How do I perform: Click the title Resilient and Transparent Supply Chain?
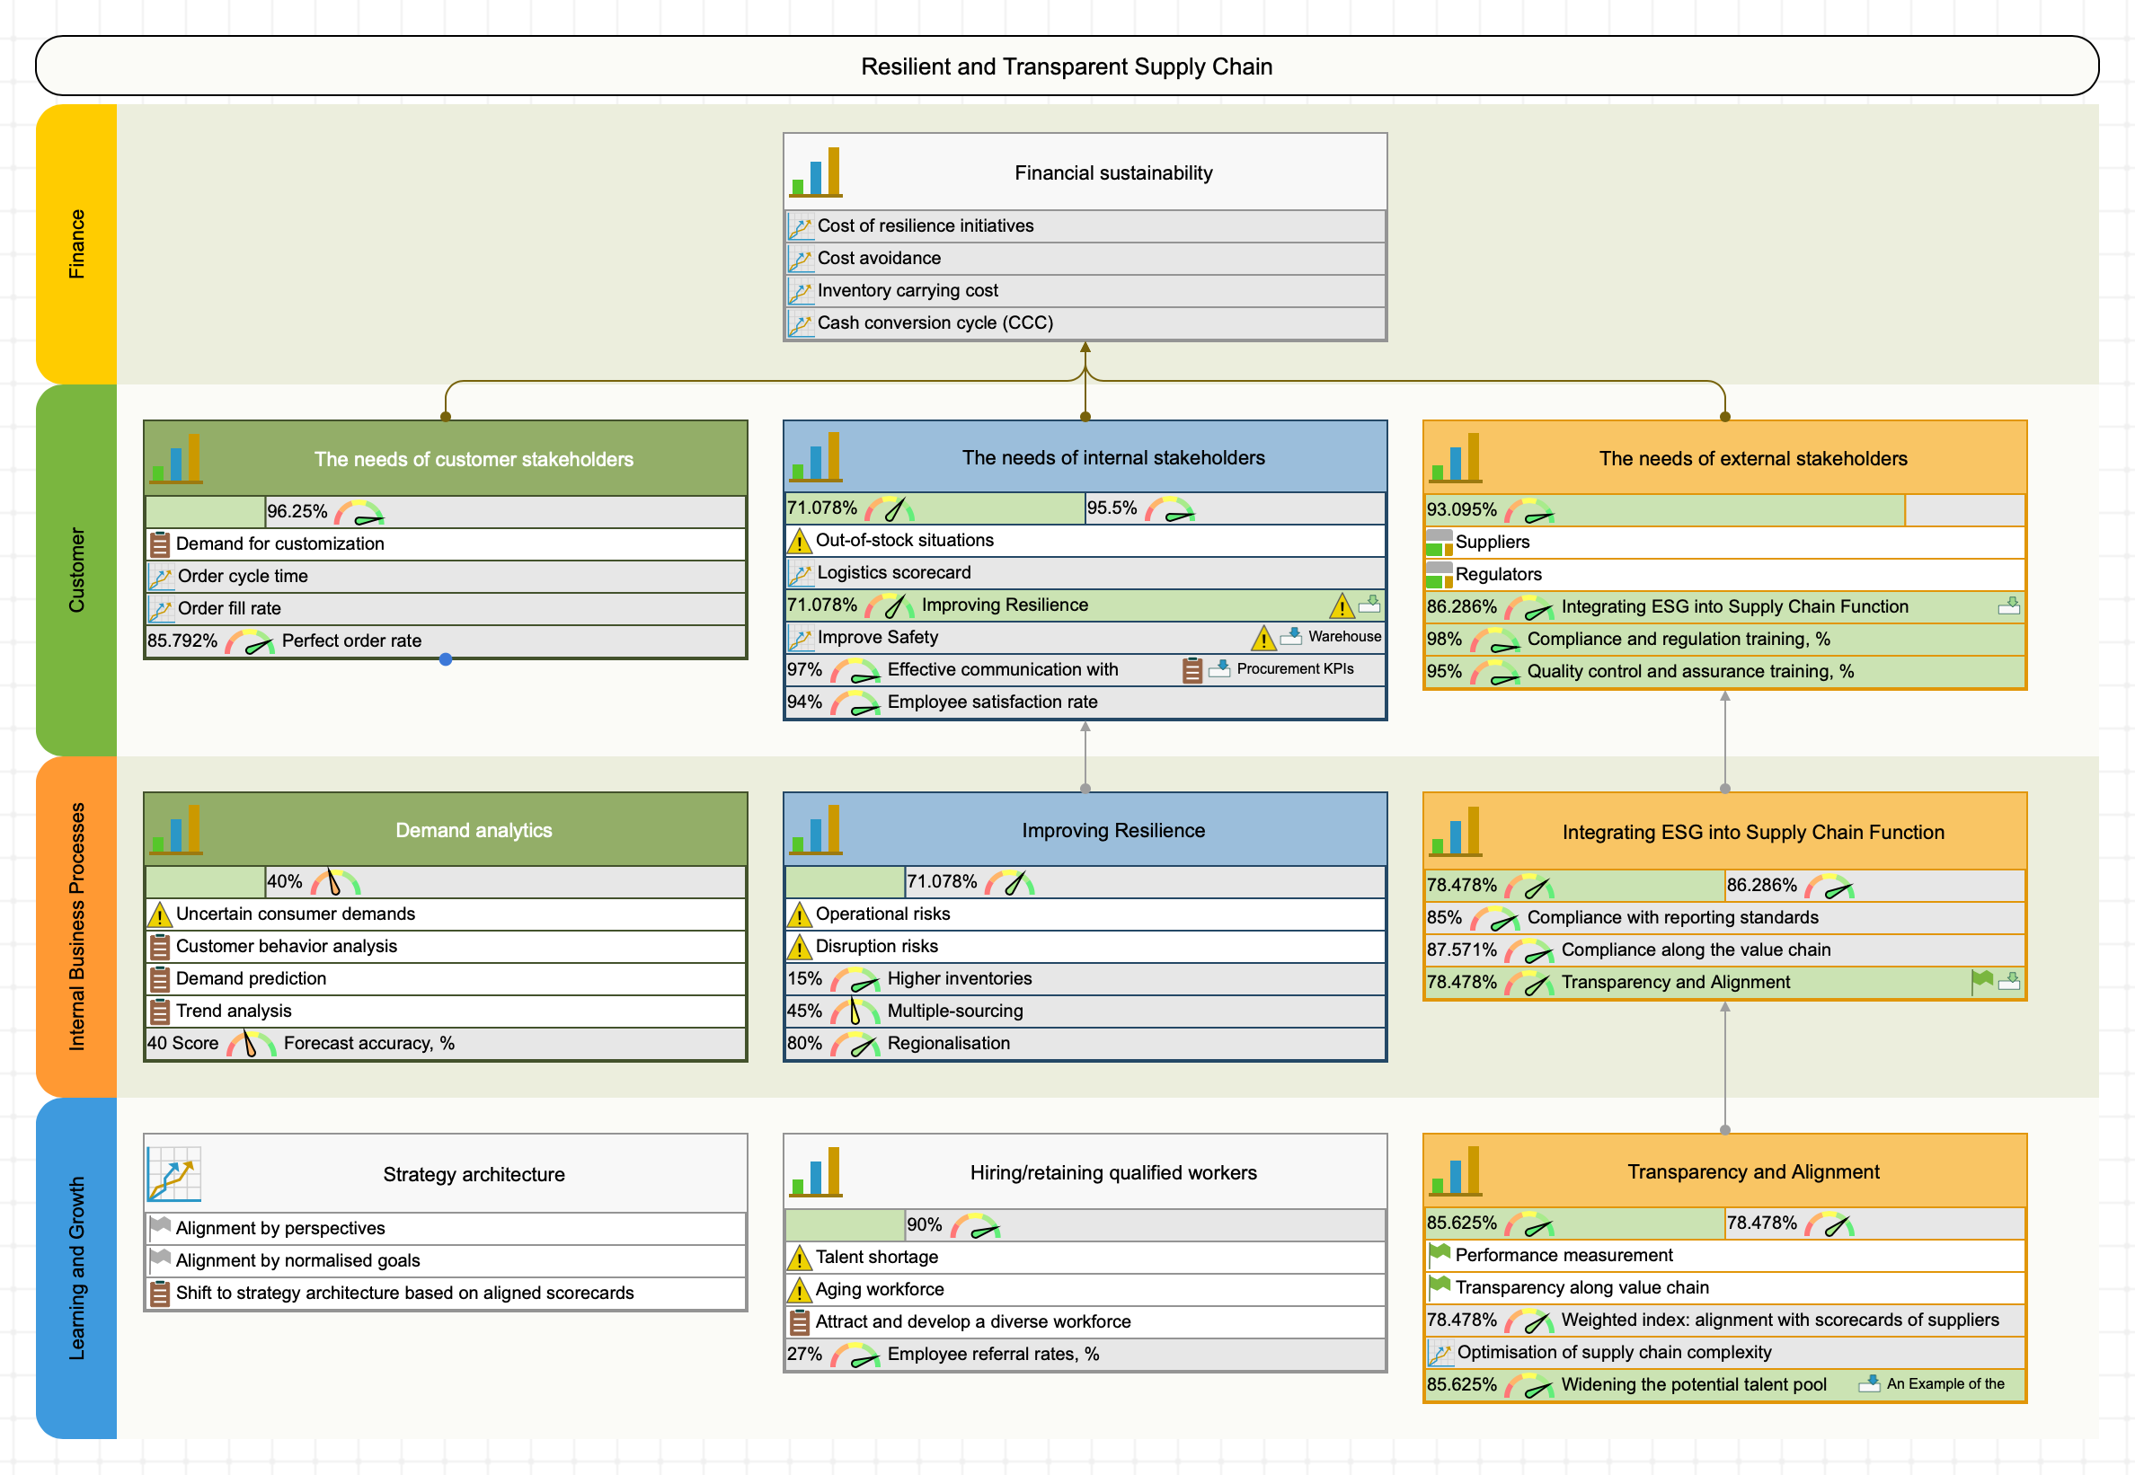point(1066,66)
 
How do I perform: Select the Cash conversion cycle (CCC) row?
point(935,322)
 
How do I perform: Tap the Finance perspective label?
point(76,244)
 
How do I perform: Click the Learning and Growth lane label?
point(76,1267)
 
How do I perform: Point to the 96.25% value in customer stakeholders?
point(297,511)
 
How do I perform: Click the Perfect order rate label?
point(351,640)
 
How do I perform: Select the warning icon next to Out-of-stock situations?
point(799,542)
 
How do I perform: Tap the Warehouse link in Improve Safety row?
point(1344,637)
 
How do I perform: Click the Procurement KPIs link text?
point(1294,669)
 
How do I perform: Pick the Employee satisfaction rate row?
point(992,702)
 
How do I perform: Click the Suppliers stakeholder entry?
point(1492,542)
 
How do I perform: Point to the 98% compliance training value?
point(1444,639)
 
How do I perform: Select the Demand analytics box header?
point(474,830)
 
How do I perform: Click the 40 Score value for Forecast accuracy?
point(183,1043)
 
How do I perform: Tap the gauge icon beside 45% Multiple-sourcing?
point(854,1011)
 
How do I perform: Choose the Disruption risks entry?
point(876,945)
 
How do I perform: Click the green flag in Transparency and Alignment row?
point(1980,981)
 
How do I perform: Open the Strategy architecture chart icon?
point(173,1174)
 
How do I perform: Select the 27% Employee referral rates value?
point(804,1354)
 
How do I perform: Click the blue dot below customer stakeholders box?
point(446,659)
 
